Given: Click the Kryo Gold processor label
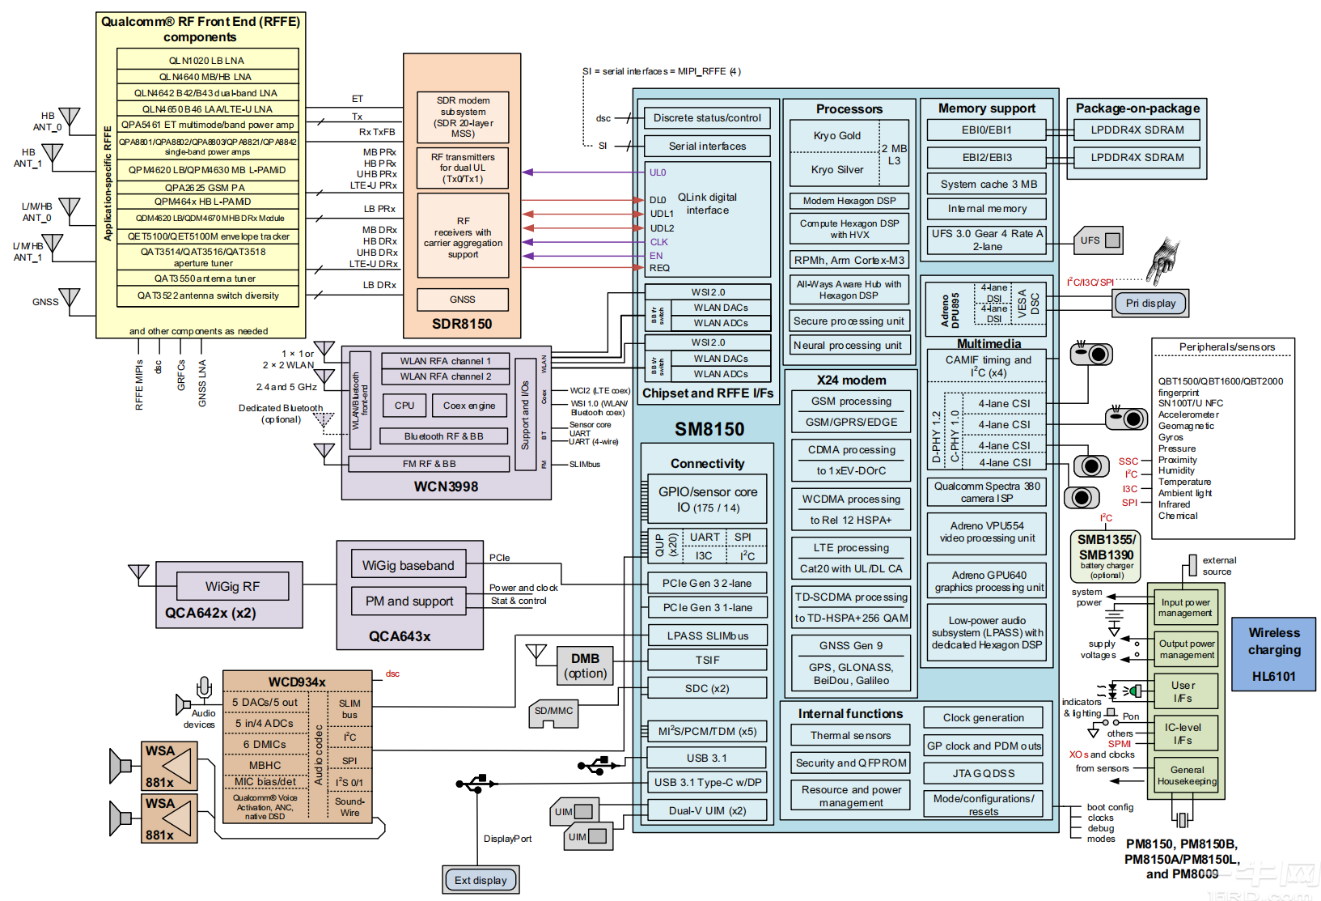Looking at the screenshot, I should click(x=836, y=136).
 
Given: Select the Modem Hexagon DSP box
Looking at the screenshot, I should click(x=849, y=201).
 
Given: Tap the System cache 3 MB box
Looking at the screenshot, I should click(x=988, y=184).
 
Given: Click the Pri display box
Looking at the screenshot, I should click(x=1150, y=304).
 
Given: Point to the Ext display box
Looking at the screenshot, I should click(x=481, y=880).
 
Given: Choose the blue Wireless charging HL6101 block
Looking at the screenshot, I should click(x=1274, y=654).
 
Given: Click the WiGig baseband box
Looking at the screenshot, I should click(x=409, y=565).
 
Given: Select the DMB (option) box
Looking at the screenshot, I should click(x=585, y=665).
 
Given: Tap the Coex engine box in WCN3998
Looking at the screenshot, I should click(x=469, y=406).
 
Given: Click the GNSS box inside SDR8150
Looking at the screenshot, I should click(x=463, y=300).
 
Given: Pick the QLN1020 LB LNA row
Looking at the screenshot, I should click(x=207, y=61).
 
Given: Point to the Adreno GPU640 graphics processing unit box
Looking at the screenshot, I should click(x=989, y=581).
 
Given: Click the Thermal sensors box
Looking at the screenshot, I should click(x=850, y=735).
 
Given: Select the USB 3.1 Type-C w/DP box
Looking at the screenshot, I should click(x=707, y=782).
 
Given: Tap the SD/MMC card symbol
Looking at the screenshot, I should click(x=554, y=712).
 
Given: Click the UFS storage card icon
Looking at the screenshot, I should click(x=1099, y=240).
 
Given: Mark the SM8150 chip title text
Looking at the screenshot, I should click(x=709, y=429).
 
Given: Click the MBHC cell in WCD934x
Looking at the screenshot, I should click(x=265, y=765).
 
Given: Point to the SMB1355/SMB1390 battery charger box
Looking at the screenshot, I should click(x=1107, y=555).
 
